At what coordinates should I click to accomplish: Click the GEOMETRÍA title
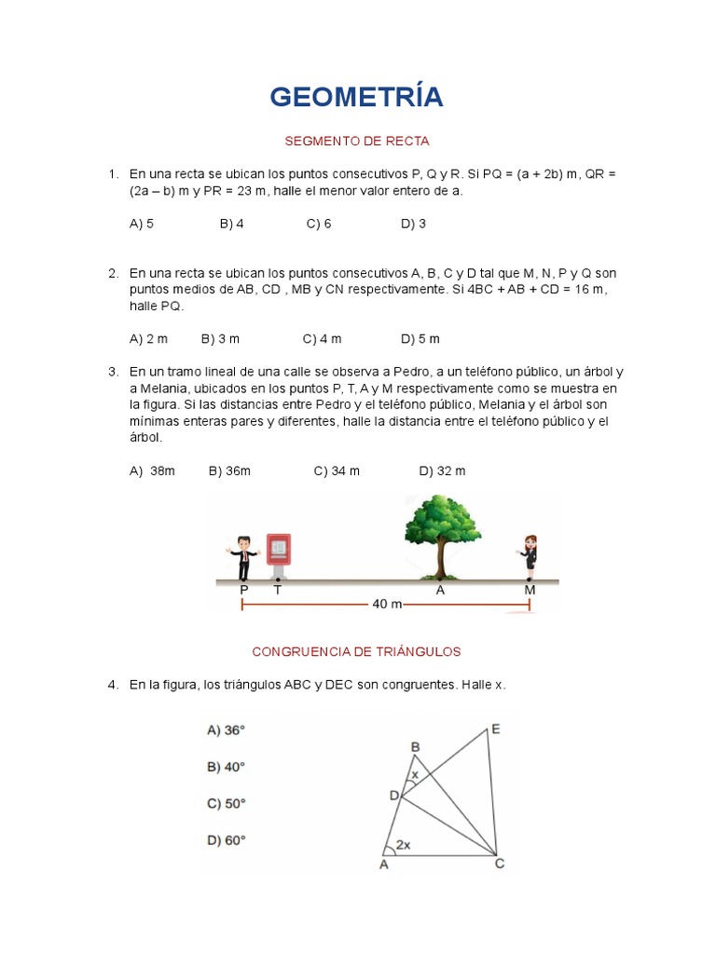[x=357, y=96]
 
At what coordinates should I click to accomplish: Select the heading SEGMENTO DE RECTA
[x=357, y=142]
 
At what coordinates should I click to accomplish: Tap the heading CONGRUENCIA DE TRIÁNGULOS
[x=357, y=651]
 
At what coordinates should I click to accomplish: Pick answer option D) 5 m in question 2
[x=420, y=338]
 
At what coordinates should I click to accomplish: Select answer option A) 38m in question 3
[x=153, y=471]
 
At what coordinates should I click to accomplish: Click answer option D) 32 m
[x=442, y=471]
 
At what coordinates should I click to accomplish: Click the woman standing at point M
[x=529, y=556]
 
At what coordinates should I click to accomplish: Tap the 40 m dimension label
[x=387, y=604]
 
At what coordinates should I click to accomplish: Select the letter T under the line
[x=277, y=590]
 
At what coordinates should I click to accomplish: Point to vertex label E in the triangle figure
[x=496, y=729]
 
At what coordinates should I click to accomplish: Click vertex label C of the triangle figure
[x=500, y=864]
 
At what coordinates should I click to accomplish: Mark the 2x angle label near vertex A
[x=404, y=845]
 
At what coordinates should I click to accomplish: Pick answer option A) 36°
[x=226, y=730]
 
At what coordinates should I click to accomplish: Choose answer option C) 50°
[x=226, y=803]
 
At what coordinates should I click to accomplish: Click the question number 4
[x=113, y=685]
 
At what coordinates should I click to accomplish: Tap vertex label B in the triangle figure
[x=416, y=746]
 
